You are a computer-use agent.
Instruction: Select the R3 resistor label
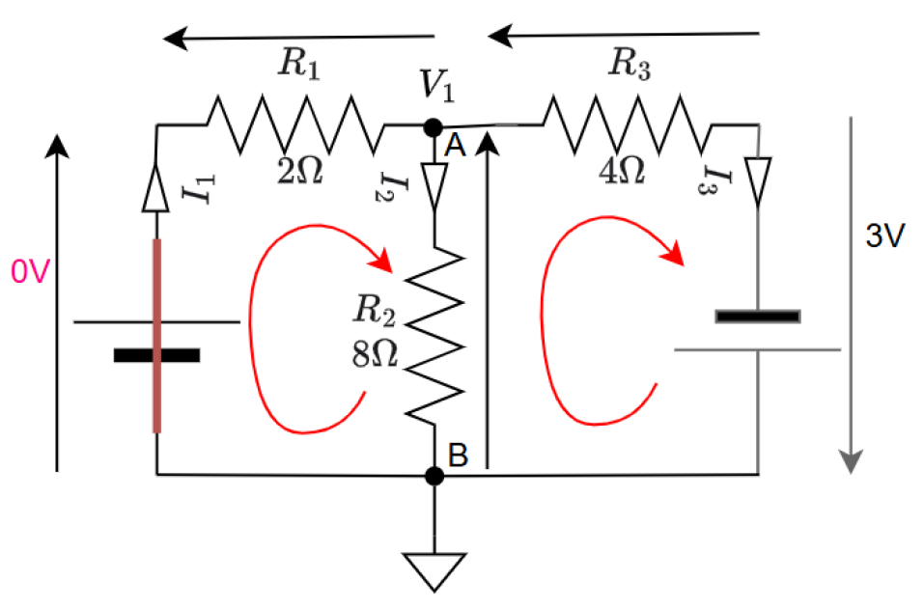[629, 65]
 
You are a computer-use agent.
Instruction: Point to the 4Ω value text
[621, 172]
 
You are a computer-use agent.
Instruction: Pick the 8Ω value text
[374, 354]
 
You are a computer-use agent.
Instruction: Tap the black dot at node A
[434, 125]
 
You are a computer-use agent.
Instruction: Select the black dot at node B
[434, 475]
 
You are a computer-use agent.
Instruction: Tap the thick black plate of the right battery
[756, 317]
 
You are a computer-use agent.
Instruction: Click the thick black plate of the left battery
[156, 355]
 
